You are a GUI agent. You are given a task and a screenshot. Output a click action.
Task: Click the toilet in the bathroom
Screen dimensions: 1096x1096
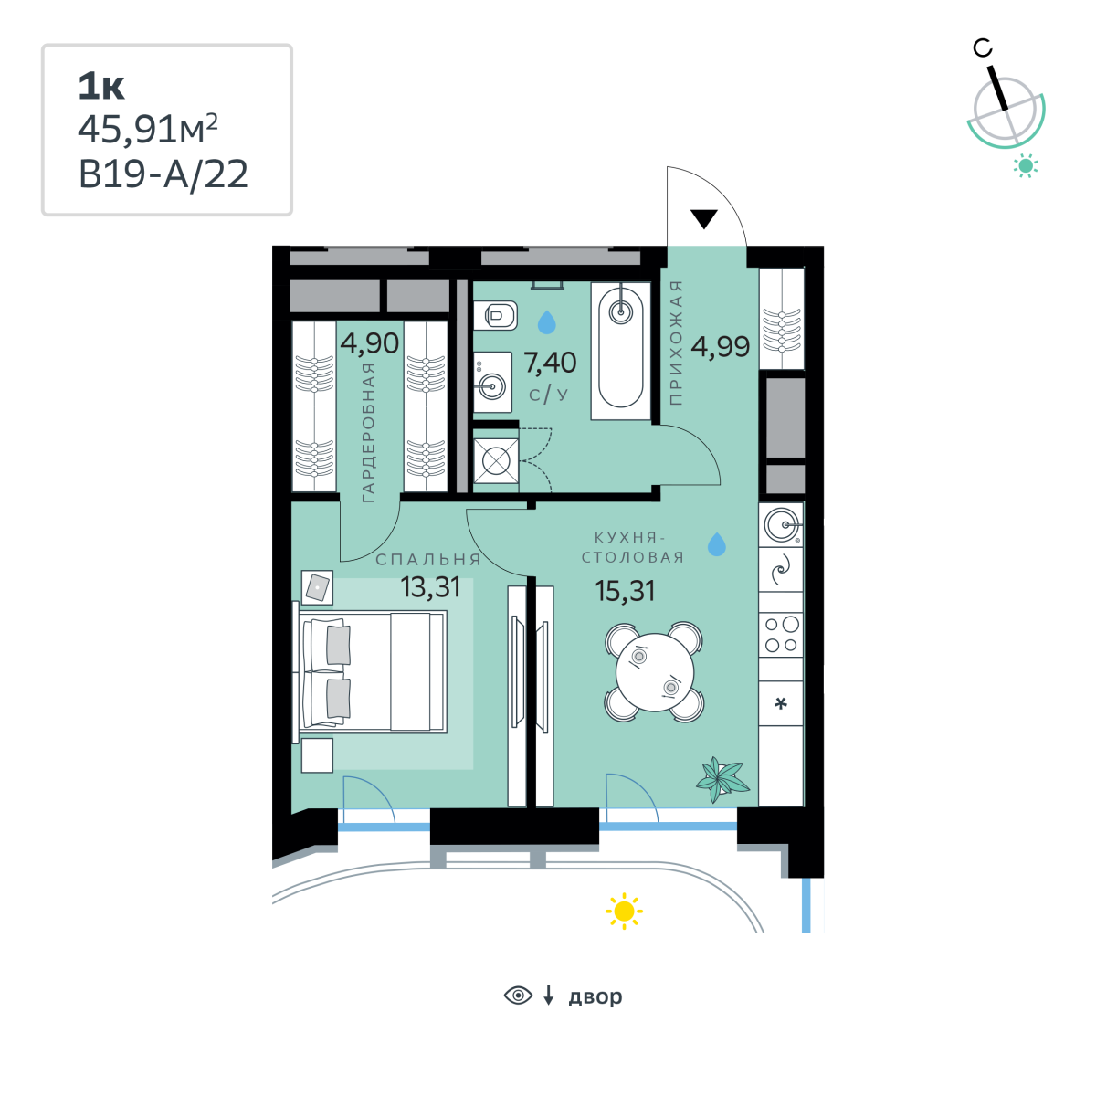tap(495, 315)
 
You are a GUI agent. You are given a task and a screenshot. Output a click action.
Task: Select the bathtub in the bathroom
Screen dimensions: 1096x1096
tap(620, 351)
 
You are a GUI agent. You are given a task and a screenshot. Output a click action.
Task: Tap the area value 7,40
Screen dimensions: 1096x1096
tap(550, 363)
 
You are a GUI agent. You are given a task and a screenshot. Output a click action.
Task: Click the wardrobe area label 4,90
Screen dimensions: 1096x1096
tap(370, 343)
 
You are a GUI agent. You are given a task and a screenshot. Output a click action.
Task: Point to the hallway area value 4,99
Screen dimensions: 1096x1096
tap(720, 346)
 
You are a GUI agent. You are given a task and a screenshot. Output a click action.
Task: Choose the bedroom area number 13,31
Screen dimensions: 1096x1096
tap(430, 587)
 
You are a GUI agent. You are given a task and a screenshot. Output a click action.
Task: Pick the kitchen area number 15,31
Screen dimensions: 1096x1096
tap(625, 591)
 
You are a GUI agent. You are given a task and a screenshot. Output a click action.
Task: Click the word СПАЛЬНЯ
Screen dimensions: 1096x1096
tap(429, 560)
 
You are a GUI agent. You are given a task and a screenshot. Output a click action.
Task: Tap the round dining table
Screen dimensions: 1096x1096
tap(655, 672)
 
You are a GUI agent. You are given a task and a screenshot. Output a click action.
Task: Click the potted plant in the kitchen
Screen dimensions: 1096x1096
tap(722, 779)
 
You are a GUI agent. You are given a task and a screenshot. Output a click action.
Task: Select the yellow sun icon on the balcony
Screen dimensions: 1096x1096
tap(624, 912)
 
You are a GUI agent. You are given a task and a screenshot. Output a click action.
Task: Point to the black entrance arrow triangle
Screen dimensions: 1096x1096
tap(704, 219)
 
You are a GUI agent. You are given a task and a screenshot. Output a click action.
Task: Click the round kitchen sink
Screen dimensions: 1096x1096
tap(781, 524)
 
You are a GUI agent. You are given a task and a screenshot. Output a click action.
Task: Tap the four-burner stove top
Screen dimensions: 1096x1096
tap(781, 635)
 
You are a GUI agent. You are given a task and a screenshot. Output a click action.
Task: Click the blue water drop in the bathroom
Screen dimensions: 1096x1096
tap(546, 321)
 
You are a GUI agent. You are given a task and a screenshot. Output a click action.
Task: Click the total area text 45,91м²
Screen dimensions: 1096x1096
tap(148, 130)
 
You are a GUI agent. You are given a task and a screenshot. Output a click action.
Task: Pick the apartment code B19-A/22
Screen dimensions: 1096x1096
tap(163, 174)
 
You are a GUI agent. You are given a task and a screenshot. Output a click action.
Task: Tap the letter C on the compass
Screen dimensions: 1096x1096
tap(982, 48)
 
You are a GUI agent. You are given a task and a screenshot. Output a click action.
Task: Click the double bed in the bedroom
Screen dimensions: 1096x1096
tap(370, 671)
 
